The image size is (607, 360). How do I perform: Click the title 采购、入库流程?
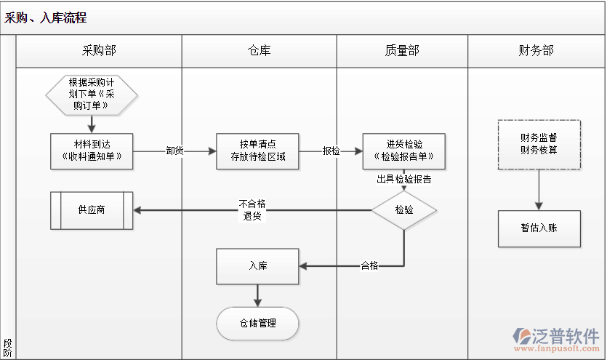point(46,18)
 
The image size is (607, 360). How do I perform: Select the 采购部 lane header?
point(99,50)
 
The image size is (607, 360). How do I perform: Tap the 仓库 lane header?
point(259,50)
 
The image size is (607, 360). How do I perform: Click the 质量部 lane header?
point(402,50)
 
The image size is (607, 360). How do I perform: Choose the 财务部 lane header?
point(536,50)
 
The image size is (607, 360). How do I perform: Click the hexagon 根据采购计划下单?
point(92,94)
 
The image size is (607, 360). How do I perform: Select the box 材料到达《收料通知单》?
point(92,151)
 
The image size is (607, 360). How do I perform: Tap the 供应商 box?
point(92,210)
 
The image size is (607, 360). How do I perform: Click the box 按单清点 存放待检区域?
point(257,151)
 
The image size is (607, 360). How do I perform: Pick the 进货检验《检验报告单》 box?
point(404,151)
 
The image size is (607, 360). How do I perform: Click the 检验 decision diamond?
point(404,210)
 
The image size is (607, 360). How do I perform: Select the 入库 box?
point(257,266)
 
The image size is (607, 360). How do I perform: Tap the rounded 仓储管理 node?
point(257,323)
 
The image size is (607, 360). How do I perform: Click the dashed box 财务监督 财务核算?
point(539,145)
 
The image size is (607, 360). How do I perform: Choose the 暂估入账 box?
point(539,228)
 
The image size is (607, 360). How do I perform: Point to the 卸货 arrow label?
point(174,151)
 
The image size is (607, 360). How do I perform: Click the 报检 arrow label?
point(331,151)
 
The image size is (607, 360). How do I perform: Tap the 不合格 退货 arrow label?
point(252,210)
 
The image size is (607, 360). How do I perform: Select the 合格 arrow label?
point(369,266)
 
